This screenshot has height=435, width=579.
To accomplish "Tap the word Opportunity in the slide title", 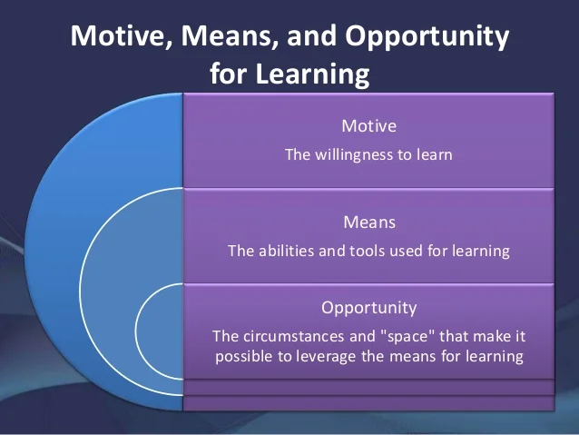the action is point(427,37).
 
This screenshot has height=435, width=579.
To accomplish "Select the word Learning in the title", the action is point(312,74).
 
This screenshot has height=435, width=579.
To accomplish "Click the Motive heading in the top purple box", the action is point(368,126).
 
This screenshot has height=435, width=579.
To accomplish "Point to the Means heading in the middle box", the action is point(369,222).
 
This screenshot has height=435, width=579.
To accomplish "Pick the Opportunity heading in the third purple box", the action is point(368,308).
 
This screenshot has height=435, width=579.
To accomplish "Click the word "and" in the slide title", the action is point(311,35).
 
